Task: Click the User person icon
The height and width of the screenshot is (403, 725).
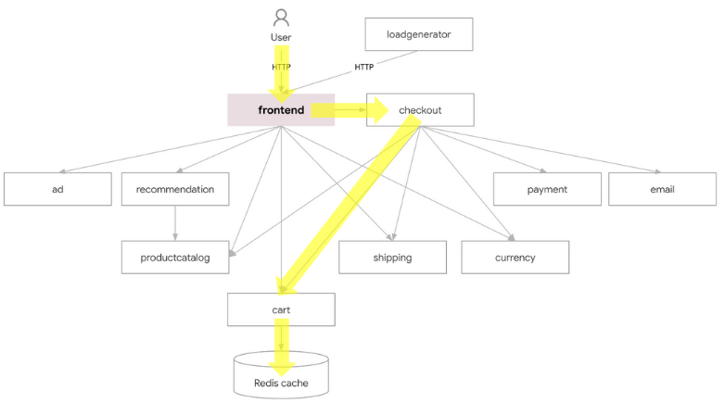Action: click(x=281, y=18)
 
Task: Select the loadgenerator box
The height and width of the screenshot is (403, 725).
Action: click(x=419, y=34)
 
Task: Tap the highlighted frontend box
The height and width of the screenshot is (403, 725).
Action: click(x=281, y=110)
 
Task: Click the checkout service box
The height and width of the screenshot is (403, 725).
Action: click(x=420, y=110)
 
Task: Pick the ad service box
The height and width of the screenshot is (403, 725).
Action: click(x=57, y=189)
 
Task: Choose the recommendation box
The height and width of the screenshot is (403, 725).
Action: click(x=175, y=189)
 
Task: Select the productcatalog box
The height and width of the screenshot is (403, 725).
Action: click(x=175, y=258)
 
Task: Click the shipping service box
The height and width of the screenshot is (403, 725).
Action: click(x=392, y=258)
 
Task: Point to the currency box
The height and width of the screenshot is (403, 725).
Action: click(x=515, y=258)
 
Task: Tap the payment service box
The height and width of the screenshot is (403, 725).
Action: click(x=547, y=189)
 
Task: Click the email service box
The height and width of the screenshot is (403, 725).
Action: click(x=663, y=189)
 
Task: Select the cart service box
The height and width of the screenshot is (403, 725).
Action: click(x=281, y=309)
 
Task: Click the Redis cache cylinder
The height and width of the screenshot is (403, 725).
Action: click(x=281, y=375)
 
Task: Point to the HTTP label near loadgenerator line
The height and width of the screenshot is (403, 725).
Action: click(x=363, y=67)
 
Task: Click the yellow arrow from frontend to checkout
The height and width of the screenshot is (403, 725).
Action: click(x=350, y=110)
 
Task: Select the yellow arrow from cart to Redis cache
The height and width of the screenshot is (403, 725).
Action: click(x=282, y=347)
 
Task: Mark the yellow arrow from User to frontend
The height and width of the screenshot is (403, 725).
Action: click(x=282, y=74)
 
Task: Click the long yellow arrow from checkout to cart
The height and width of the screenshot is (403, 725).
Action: click(x=350, y=205)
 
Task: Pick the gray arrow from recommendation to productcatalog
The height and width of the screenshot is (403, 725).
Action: click(x=175, y=223)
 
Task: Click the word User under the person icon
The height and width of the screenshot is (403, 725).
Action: click(x=281, y=37)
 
